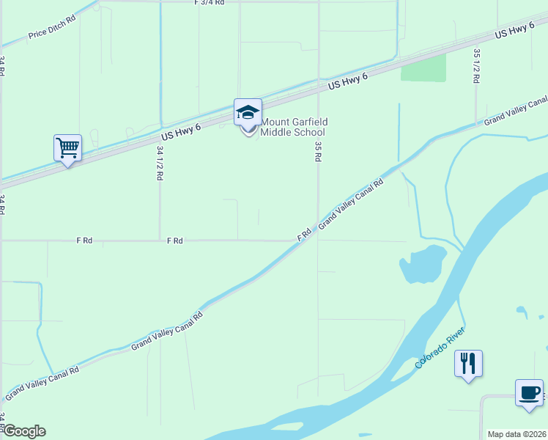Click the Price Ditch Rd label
[52, 29]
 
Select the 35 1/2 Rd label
[476, 65]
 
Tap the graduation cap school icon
[248, 113]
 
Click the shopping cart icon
[67, 147]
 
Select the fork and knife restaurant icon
[468, 362]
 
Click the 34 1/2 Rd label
[160, 163]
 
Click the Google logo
[23, 431]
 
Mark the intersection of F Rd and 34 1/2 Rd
[160, 240]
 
